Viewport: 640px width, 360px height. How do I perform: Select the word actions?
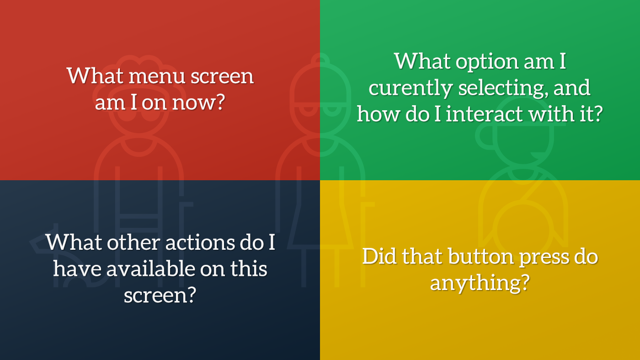click(199, 242)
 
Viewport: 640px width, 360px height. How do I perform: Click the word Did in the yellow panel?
click(378, 257)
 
